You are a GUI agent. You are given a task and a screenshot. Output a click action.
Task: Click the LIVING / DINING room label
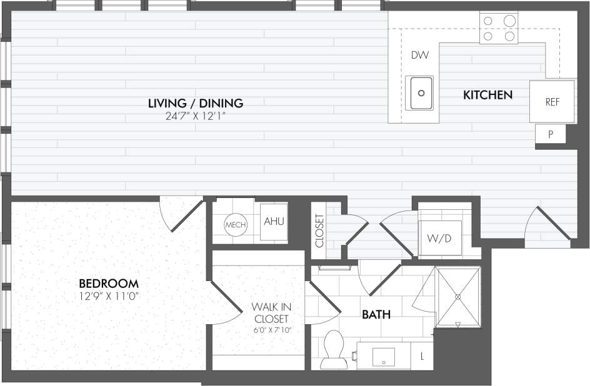point(195,103)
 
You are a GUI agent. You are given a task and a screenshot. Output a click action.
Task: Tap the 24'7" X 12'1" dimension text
point(195,116)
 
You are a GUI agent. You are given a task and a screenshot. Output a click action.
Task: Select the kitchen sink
point(419,93)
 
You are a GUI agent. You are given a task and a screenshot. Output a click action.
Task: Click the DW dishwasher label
point(419,56)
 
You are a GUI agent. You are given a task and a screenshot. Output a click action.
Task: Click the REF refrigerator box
point(552,102)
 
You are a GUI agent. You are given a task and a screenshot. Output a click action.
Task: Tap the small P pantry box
point(551,134)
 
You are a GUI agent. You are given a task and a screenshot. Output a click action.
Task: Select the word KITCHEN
point(487,95)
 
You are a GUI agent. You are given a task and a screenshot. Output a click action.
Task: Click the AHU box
point(272,222)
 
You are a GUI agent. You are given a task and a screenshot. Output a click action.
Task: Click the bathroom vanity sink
point(383,357)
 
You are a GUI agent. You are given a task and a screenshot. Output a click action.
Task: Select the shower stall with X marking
point(458,296)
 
